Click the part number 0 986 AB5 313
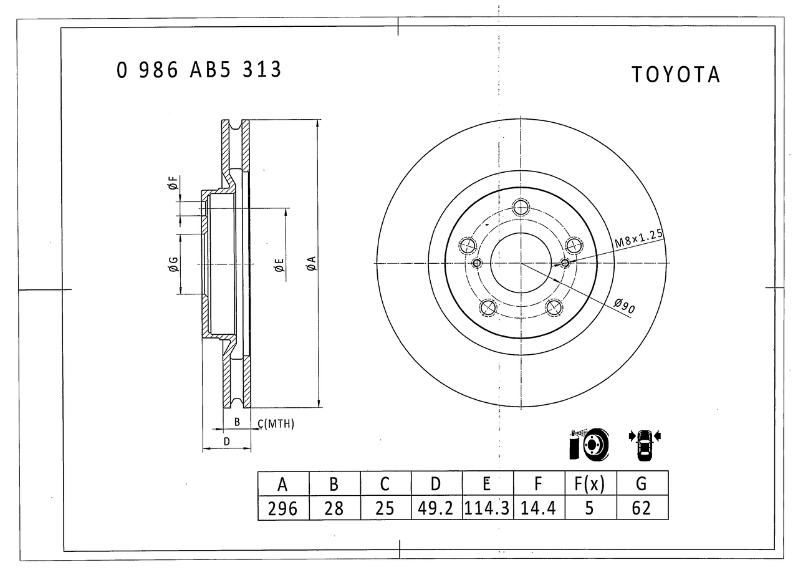point(199,69)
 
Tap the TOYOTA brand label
point(676,75)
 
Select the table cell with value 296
point(282,508)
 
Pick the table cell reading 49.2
point(435,508)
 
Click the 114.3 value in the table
point(487,508)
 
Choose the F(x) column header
point(590,484)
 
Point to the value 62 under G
point(642,508)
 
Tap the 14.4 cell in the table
point(538,508)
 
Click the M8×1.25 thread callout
point(639,238)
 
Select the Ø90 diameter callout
point(625,306)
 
